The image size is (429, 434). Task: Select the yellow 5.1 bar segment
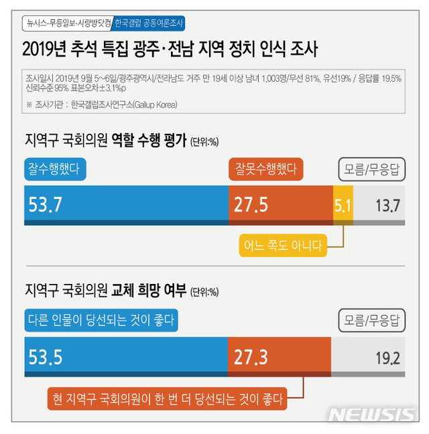pyautogui.click(x=342, y=204)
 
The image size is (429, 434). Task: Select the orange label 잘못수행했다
pyautogui.click(x=265, y=169)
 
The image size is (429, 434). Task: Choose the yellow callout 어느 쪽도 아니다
pyautogui.click(x=282, y=244)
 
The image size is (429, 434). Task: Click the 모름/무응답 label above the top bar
pyautogui.click(x=371, y=169)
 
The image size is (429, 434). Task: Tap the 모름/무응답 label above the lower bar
pyautogui.click(x=371, y=320)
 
